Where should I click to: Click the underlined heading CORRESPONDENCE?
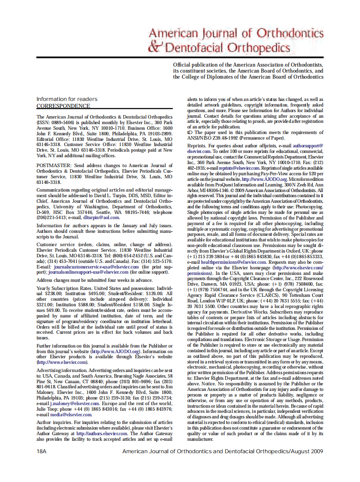pyautogui.click(x=63, y=106)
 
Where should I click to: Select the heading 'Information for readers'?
pyautogui.click(x=67, y=99)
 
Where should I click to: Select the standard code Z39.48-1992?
pyautogui.click(x=232, y=138)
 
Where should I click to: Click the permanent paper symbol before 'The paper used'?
pyautogui.click(x=190, y=133)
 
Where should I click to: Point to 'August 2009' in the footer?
pyautogui.click(x=307, y=451)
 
